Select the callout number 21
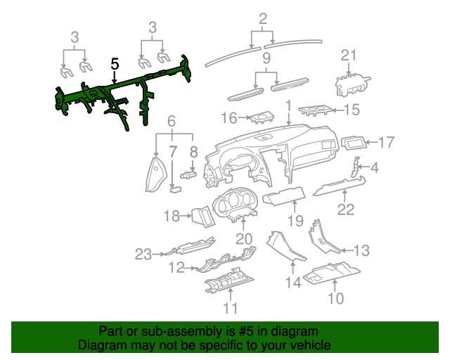point(349,56)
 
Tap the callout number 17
point(387,143)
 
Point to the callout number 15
point(350,109)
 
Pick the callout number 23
point(143,254)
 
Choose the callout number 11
point(230,307)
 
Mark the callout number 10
point(335,298)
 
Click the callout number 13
point(361,250)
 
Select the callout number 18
point(172,217)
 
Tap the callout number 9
point(266,57)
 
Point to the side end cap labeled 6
point(153,174)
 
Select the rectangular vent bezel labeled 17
point(354,143)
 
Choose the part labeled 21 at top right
point(349,84)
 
